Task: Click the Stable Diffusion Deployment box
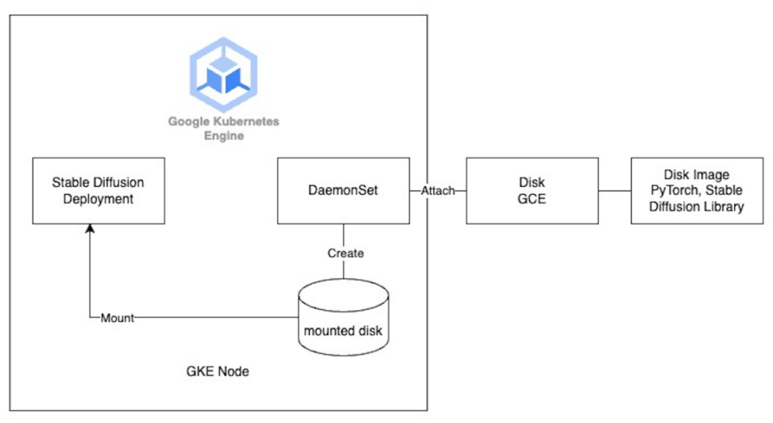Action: (98, 190)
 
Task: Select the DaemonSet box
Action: (344, 190)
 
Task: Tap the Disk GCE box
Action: (532, 190)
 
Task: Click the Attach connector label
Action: (438, 191)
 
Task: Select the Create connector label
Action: (345, 253)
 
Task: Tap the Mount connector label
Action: (117, 318)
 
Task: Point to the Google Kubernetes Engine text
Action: (223, 128)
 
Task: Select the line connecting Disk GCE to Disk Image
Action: (614, 191)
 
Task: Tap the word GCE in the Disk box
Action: (532, 199)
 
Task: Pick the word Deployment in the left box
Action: (98, 199)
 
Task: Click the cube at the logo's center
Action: (223, 75)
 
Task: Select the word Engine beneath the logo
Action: (223, 135)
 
